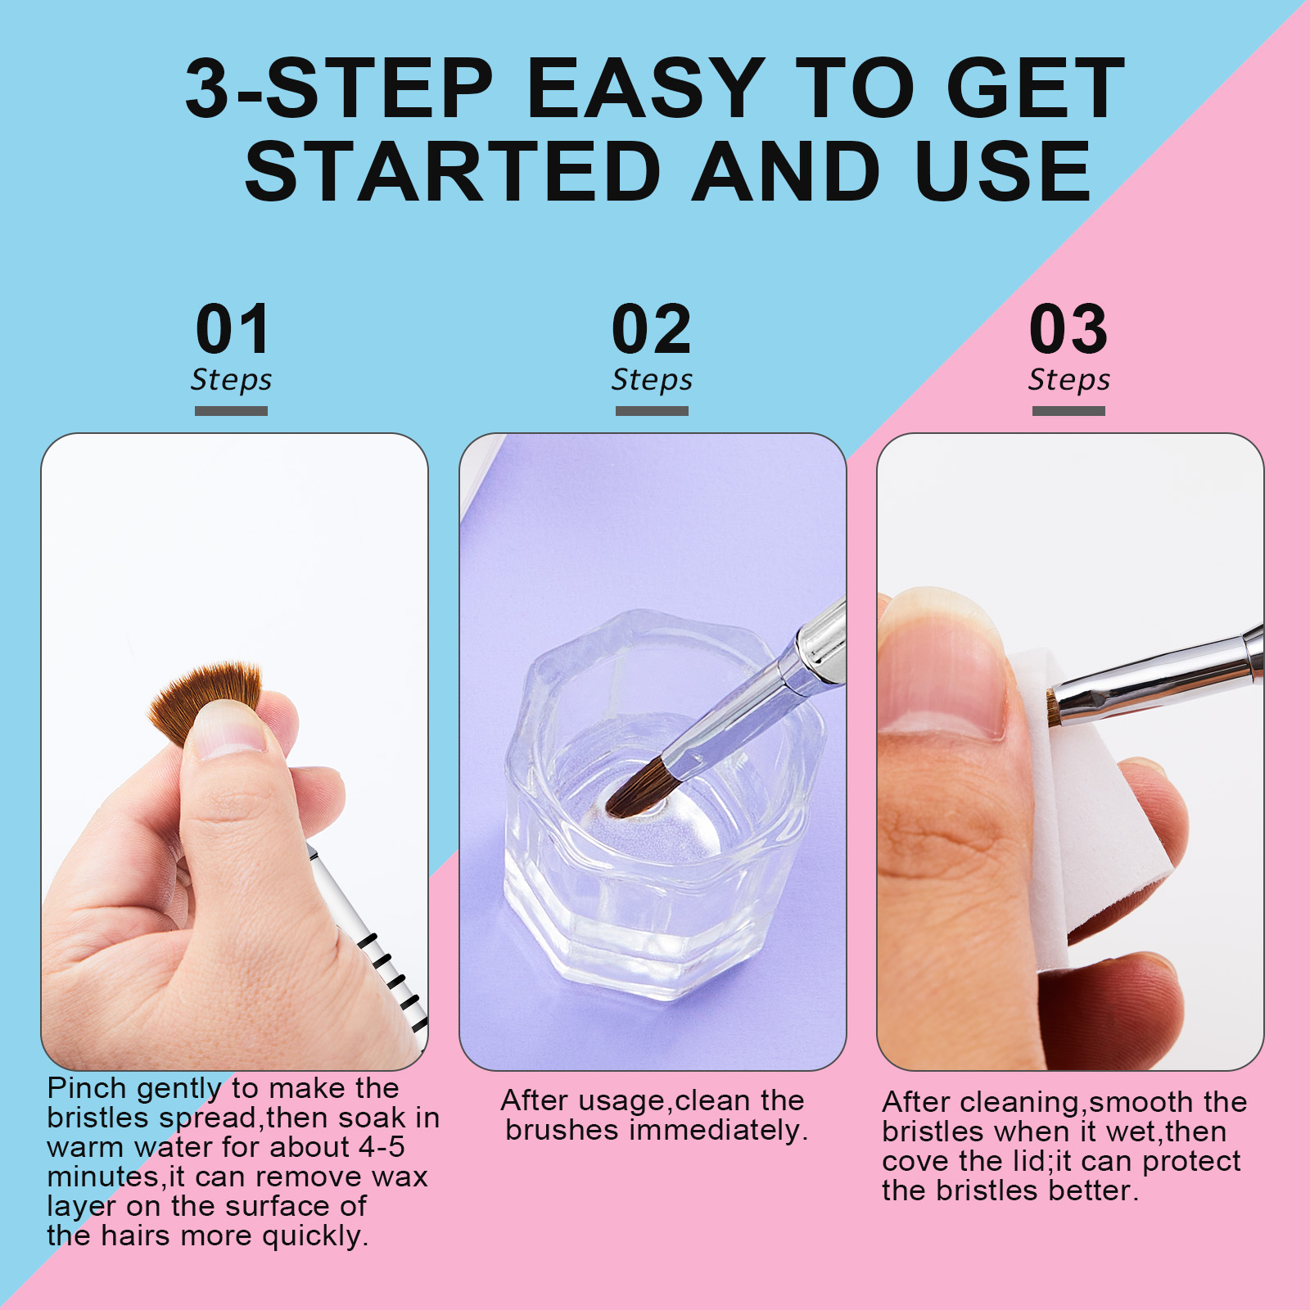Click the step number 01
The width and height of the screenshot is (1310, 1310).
coord(233,329)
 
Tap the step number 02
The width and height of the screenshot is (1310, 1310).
coord(652,329)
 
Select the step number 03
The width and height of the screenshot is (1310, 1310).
coord(1068,329)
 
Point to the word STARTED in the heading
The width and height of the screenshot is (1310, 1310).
coord(453,171)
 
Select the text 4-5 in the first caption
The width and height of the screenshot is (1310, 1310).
coord(382,1147)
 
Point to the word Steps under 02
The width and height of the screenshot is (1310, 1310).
coord(652,380)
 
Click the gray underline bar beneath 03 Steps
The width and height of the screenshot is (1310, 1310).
coord(1068,410)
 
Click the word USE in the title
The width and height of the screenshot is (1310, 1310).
coord(1003,171)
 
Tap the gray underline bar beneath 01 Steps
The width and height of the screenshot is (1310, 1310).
coord(231,410)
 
